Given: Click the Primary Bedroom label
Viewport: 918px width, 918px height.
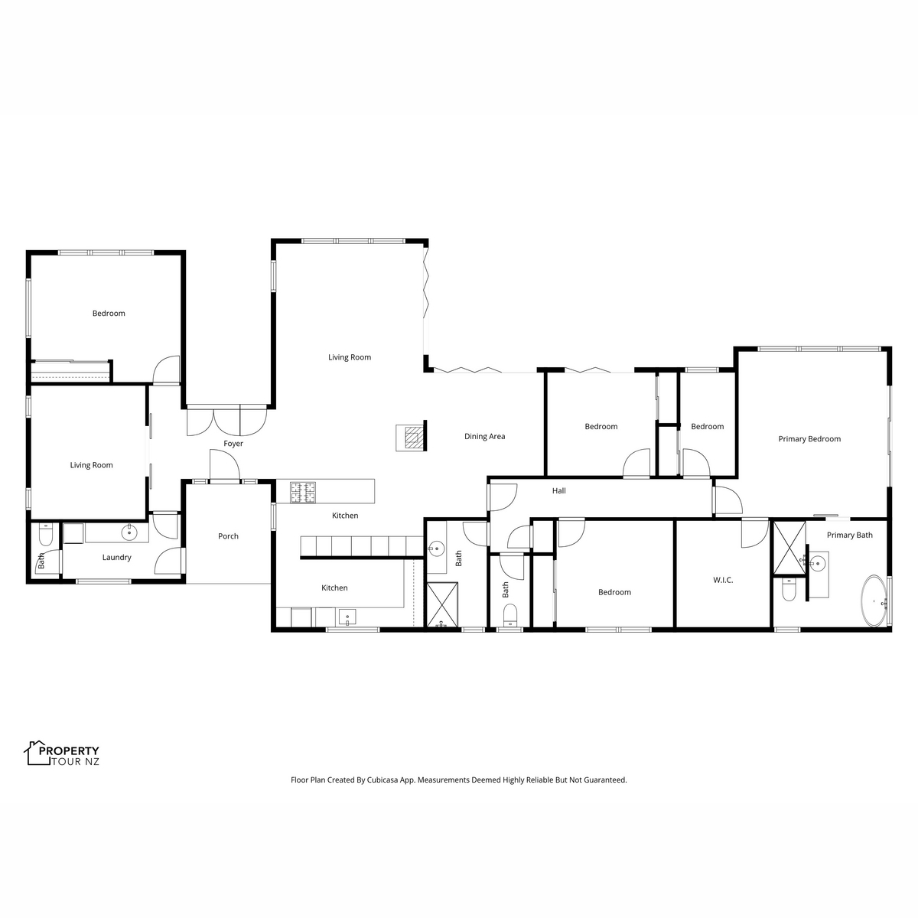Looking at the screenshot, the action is click(x=809, y=439).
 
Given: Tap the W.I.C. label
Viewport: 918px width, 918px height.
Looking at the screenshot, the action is click(x=723, y=580).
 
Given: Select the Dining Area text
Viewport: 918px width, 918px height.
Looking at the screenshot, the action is click(x=484, y=436).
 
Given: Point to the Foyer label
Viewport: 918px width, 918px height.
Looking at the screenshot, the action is click(x=233, y=444).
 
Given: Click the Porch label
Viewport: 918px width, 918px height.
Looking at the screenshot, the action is click(x=228, y=536).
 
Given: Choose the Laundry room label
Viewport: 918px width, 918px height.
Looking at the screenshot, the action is click(x=117, y=558).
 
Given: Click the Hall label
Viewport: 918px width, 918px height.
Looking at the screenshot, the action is click(x=558, y=490).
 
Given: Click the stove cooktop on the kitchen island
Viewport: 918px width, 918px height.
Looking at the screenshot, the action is click(x=303, y=493).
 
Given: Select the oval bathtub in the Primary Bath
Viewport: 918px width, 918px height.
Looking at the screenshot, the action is click(x=874, y=601).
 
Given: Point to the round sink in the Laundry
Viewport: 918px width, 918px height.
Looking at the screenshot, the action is click(x=129, y=532).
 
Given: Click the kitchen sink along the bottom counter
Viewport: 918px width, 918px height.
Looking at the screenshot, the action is click(x=347, y=617).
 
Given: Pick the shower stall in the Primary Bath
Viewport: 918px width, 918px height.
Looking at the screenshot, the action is click(x=789, y=548).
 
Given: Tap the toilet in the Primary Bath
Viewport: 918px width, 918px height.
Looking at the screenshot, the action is click(x=789, y=590).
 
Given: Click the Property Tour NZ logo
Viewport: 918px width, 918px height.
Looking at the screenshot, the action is click(x=62, y=754).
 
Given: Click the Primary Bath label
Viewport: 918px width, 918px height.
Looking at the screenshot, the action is click(x=849, y=535).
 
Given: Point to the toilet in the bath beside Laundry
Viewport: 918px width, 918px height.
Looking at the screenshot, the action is click(x=45, y=535).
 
